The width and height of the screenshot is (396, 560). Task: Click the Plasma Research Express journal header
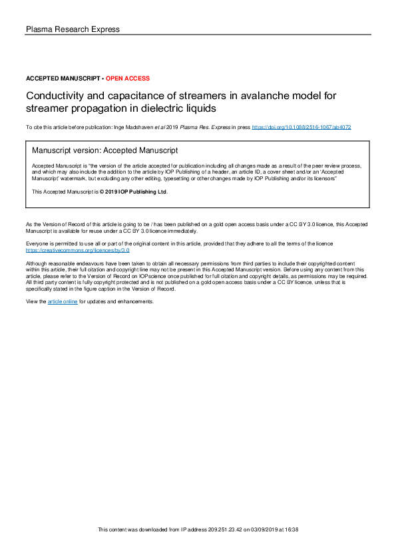tap(73, 29)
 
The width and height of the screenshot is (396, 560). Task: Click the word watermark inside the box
tap(75, 179)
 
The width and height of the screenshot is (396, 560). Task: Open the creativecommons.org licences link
tap(77, 251)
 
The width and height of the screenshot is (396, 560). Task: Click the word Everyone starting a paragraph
tap(37, 245)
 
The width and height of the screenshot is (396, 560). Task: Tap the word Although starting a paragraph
tap(37, 264)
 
